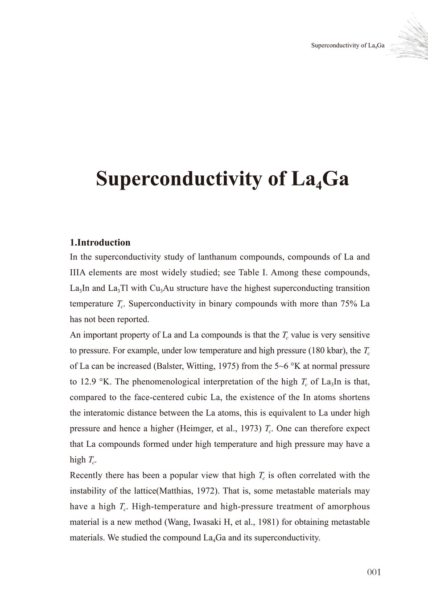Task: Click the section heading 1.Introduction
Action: tap(100, 243)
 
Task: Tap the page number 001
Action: tap(374, 572)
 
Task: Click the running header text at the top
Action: tap(347, 45)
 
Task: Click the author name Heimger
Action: tap(196, 429)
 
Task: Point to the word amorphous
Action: tap(348, 507)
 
